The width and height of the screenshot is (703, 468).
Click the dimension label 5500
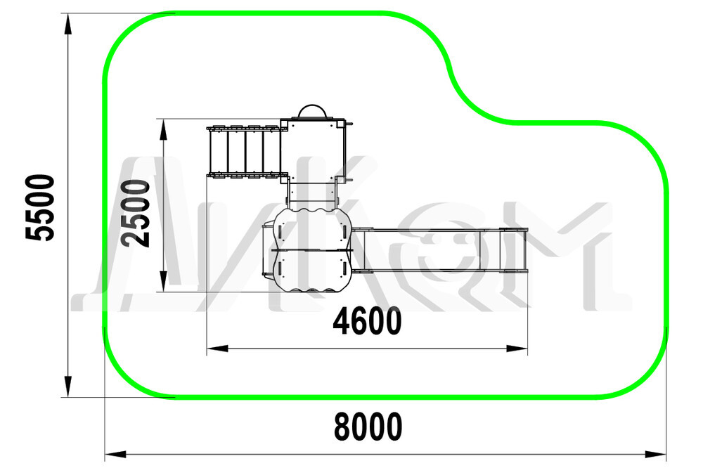(x=40, y=207)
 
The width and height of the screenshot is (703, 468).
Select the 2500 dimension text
(x=136, y=214)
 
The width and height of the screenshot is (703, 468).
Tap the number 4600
(x=367, y=321)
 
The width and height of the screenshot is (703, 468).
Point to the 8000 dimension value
(x=368, y=427)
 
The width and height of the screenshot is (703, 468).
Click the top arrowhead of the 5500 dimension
(x=67, y=24)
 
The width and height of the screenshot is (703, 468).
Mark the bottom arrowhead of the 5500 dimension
(x=67, y=386)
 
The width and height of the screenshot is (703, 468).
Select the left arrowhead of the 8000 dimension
(x=116, y=455)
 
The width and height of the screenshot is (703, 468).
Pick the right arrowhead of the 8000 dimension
(x=655, y=455)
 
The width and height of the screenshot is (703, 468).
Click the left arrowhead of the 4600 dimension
(x=217, y=349)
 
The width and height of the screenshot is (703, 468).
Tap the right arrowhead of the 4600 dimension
(x=517, y=349)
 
